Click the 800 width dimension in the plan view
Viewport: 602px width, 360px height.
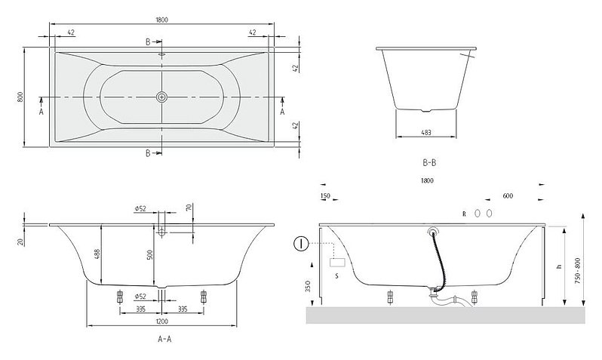point(20,97)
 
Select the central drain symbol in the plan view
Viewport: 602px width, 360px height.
point(161,97)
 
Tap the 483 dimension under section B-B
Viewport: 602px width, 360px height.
point(426,133)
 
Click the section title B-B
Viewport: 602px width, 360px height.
point(429,162)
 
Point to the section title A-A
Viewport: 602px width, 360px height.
point(164,339)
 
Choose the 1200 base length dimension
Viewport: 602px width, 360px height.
point(161,322)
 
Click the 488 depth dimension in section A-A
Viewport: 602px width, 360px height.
point(97,254)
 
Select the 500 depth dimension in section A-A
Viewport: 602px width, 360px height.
point(149,255)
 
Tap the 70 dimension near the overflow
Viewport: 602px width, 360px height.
point(188,208)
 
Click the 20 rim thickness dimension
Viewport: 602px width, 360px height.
point(20,242)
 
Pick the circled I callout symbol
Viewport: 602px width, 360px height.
point(301,244)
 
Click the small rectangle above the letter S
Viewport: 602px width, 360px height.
point(337,263)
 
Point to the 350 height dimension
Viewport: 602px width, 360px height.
point(308,286)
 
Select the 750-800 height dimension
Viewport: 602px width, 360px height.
point(578,271)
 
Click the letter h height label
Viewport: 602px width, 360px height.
point(560,266)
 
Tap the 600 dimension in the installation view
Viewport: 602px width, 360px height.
point(508,196)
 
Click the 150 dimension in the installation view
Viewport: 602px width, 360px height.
point(325,196)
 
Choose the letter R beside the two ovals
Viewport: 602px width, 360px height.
point(464,214)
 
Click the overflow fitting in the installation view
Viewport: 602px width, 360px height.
point(434,231)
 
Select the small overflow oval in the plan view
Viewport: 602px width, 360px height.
point(161,55)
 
